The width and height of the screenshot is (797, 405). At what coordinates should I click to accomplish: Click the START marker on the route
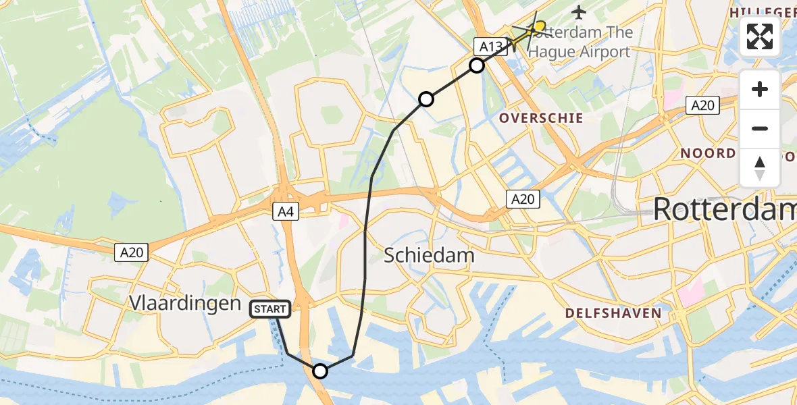tap(271, 309)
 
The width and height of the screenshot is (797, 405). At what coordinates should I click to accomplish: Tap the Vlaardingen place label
tap(184, 303)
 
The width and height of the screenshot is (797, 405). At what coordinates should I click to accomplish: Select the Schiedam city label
tap(429, 255)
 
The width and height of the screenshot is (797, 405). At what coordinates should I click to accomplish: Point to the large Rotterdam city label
tap(724, 210)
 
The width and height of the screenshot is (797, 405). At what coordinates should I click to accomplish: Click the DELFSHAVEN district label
tap(613, 313)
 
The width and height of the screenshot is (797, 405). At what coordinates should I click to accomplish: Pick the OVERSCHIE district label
tap(541, 118)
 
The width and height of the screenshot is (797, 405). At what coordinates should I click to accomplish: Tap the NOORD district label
tap(708, 153)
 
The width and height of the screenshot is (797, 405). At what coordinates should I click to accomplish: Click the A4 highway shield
tap(286, 212)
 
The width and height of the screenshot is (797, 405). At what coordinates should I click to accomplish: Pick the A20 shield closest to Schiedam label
tap(523, 198)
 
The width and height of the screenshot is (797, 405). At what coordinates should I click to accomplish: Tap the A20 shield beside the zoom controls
tap(702, 105)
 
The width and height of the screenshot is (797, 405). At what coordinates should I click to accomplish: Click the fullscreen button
tap(760, 36)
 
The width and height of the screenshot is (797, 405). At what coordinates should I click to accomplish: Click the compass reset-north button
tap(760, 168)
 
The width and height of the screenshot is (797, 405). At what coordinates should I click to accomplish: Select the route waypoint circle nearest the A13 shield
tap(477, 65)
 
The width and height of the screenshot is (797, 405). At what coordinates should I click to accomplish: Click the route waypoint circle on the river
tap(320, 371)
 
